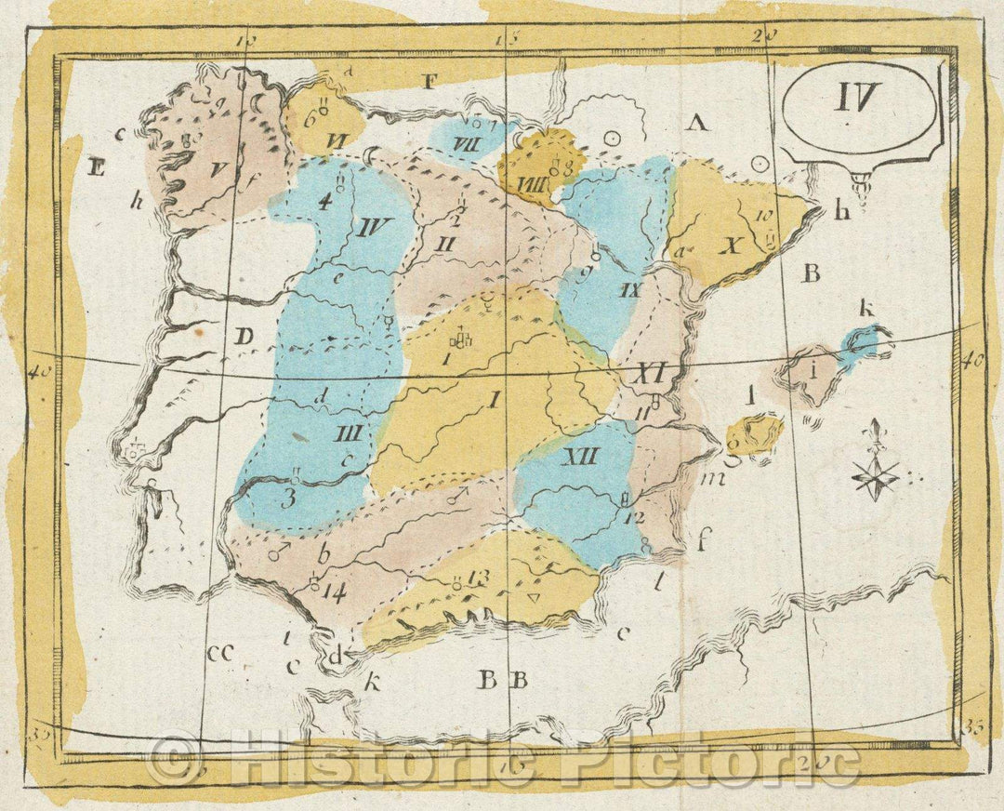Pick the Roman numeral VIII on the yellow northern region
[x=534, y=183]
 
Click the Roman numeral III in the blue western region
[x=349, y=434]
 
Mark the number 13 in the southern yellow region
[x=479, y=578]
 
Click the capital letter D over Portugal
[x=244, y=337]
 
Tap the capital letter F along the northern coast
[x=429, y=81]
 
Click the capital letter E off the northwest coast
[x=95, y=168]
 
